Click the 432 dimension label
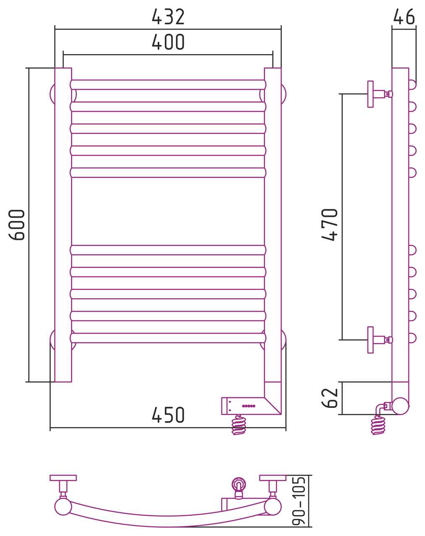coord(168,17)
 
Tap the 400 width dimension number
coord(168,41)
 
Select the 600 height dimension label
coord(17,225)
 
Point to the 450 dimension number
coord(168,415)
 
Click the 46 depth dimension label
coord(404,17)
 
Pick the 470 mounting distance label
coord(329,225)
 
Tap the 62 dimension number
coord(329,398)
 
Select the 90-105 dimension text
coord(299,501)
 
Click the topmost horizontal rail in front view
coord(168,85)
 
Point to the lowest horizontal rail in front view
coord(168,338)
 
